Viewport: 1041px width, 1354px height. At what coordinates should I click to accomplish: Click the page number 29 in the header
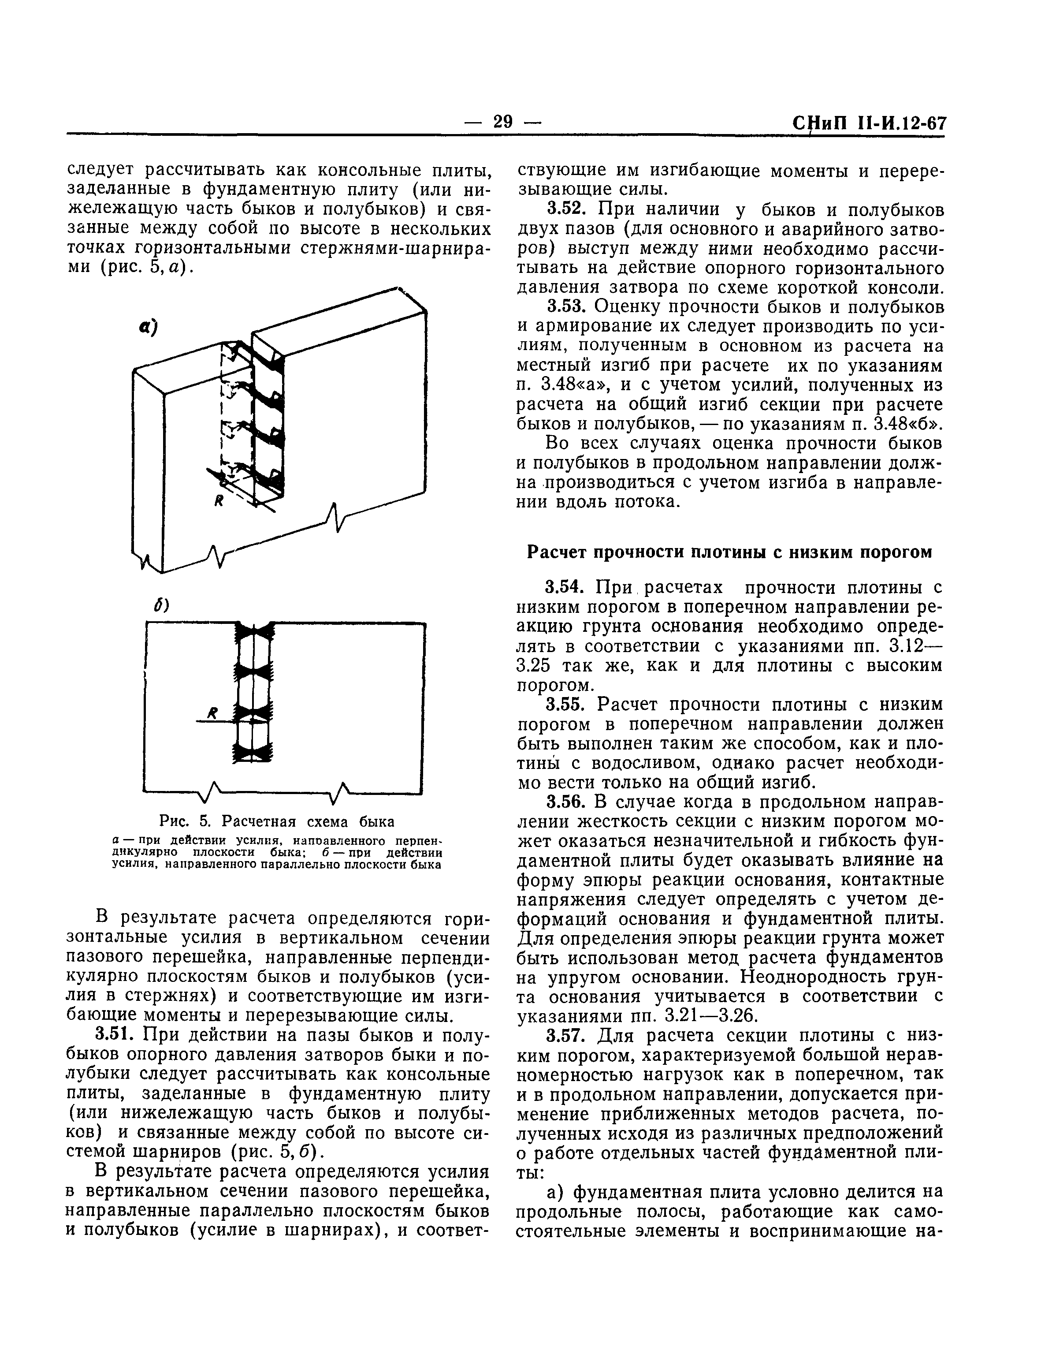point(502,122)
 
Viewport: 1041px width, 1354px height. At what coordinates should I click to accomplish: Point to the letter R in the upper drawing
point(218,503)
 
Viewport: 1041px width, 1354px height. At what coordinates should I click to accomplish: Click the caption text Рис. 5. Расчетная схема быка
point(276,821)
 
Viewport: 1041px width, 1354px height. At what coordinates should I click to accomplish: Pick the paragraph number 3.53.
point(566,307)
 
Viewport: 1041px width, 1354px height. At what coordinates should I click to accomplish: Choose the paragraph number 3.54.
point(566,587)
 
